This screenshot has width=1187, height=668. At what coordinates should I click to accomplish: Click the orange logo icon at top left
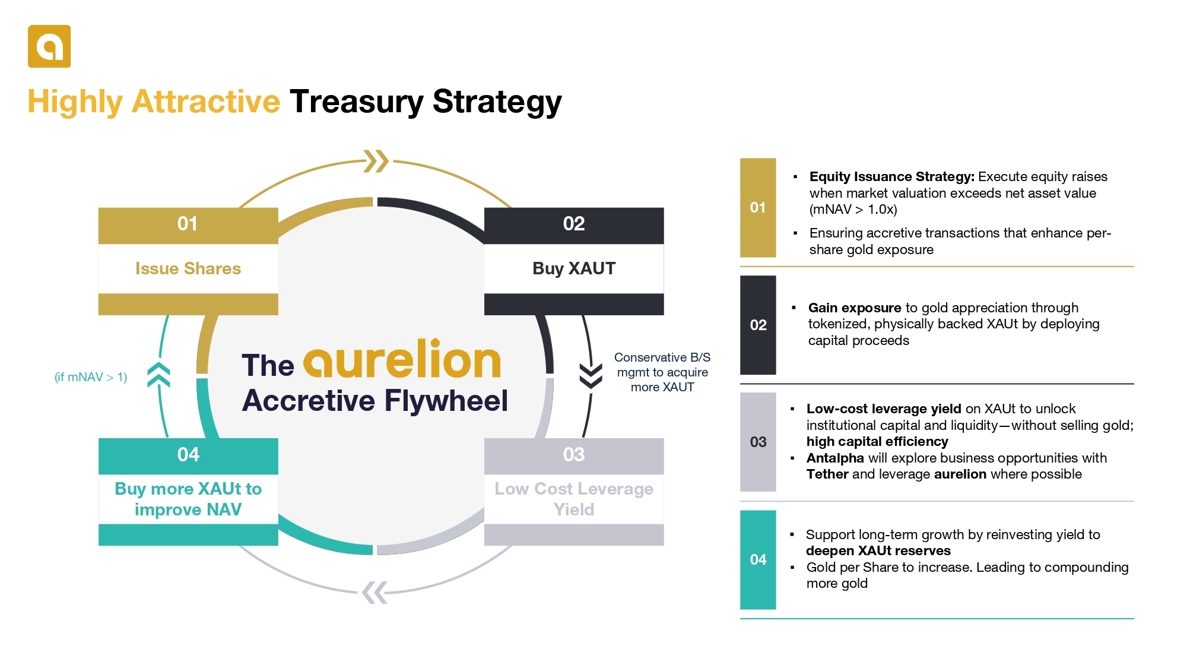[x=49, y=46]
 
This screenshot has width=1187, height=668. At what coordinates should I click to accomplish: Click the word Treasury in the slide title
[x=356, y=102]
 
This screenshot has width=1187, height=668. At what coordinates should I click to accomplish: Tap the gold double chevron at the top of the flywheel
[x=376, y=161]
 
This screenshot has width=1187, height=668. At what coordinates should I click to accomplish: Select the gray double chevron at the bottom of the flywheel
[x=374, y=592]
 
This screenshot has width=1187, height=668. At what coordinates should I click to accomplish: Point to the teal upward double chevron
[x=158, y=375]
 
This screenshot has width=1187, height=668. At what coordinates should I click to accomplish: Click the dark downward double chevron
[x=591, y=376]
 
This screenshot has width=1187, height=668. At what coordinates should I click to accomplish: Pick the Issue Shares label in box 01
[x=188, y=268]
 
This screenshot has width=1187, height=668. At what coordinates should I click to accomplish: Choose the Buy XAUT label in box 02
[x=574, y=268]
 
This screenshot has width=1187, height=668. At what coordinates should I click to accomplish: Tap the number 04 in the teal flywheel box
[x=188, y=455]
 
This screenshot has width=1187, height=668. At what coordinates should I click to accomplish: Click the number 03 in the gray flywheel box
[x=574, y=455]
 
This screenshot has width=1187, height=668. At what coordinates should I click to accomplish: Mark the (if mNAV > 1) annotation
[x=91, y=377]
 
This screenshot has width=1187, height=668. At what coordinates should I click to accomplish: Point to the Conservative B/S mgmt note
[x=662, y=372]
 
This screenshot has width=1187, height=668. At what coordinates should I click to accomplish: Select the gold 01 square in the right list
[x=758, y=208]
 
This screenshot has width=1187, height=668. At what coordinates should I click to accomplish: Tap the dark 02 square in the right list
[x=758, y=325]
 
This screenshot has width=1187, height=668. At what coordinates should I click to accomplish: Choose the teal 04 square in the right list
[x=758, y=559]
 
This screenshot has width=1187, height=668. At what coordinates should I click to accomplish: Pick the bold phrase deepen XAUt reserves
[x=878, y=551]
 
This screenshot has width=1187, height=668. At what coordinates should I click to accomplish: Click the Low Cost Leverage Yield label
[x=574, y=499]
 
